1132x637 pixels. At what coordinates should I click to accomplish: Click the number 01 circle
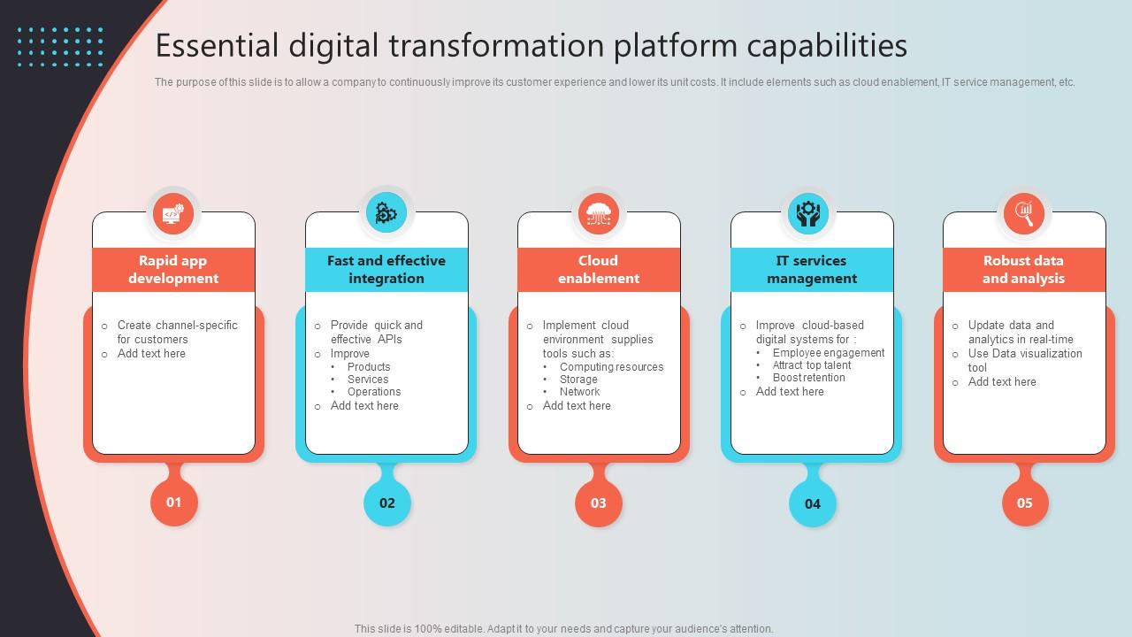pos(174,503)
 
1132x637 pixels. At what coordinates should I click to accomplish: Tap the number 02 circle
pos(387,503)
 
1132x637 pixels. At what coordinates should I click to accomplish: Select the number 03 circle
pos(599,503)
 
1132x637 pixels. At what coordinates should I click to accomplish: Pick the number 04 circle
pos(812,503)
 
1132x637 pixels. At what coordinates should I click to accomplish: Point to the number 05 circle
pos(1024,503)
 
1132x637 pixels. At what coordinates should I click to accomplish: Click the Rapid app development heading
pos(173,270)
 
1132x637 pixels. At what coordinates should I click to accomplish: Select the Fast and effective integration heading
pos(386,270)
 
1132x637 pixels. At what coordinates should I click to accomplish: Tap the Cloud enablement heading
pos(599,270)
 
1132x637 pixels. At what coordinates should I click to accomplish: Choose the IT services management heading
pos(812,270)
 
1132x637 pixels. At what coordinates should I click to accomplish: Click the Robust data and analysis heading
pos(1024,270)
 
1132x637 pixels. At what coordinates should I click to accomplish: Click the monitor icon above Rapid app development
pos(173,213)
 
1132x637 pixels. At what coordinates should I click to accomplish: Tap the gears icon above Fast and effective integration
pos(386,213)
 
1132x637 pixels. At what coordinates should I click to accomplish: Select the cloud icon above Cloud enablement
pos(599,213)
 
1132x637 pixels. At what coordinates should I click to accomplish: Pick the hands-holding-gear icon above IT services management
pos(808,213)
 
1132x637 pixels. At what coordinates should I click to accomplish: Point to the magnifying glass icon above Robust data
pos(1024,213)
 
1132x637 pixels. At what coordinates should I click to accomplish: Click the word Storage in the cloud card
pos(578,380)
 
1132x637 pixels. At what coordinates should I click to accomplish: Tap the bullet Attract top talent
pos(812,365)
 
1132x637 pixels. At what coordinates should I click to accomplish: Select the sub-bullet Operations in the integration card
pos(374,392)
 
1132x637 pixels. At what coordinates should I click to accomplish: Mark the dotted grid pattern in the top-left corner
pos(60,46)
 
